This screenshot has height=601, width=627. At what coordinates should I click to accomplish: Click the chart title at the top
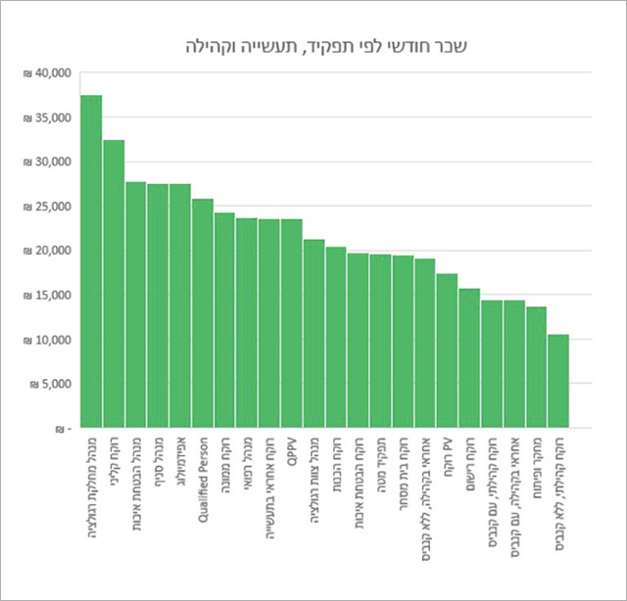click(x=313, y=45)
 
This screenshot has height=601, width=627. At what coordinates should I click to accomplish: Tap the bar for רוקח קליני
click(x=114, y=284)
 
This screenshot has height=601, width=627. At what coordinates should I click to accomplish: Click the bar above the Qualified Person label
click(x=203, y=313)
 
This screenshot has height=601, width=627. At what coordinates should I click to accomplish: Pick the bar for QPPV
click(x=292, y=323)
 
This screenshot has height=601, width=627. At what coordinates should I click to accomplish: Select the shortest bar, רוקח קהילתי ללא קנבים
click(x=557, y=381)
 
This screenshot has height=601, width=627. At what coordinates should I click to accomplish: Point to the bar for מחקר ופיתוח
click(x=536, y=367)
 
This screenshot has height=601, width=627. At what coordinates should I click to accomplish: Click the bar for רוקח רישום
click(x=469, y=358)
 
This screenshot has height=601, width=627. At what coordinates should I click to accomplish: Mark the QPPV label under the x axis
click(x=292, y=451)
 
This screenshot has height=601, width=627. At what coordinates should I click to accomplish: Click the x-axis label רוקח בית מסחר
click(x=403, y=475)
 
